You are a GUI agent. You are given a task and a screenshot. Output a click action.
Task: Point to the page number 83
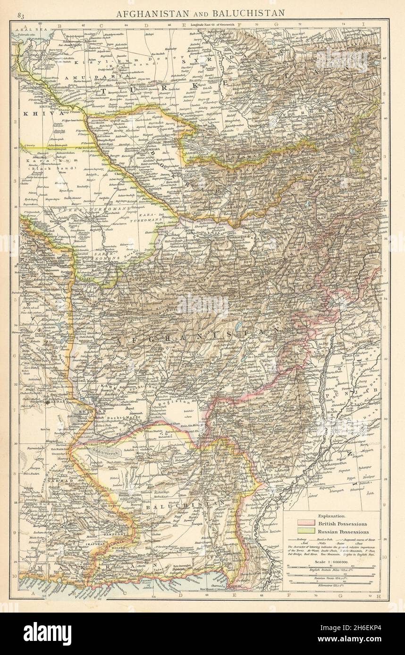[21, 16]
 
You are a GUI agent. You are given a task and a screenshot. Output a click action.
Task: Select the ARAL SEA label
[28, 30]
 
